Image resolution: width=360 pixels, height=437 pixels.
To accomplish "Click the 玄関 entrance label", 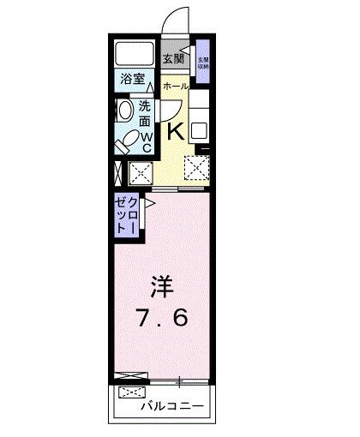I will [x=172, y=59].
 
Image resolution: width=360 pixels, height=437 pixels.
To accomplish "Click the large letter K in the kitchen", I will [x=174, y=131].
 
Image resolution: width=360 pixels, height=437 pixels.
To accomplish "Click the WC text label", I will [x=146, y=141].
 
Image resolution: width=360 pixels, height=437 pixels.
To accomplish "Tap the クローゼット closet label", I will [x=127, y=215].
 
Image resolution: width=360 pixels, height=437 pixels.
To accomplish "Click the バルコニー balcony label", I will [x=173, y=406].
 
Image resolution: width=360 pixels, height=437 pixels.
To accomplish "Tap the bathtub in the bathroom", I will [x=135, y=54].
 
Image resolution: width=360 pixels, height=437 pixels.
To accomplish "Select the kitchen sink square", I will [x=201, y=132].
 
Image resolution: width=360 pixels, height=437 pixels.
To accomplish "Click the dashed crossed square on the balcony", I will [x=133, y=393].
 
